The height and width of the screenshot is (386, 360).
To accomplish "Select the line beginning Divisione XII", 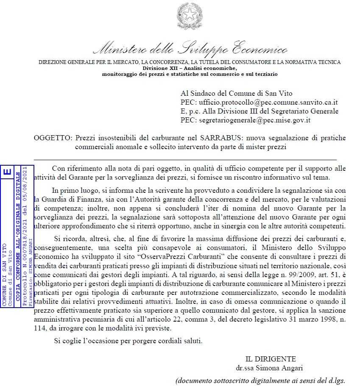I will click(x=190, y=68).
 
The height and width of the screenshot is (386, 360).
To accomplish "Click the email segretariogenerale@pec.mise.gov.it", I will click(x=254, y=120).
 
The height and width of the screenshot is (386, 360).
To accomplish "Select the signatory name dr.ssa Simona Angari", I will click(x=269, y=367).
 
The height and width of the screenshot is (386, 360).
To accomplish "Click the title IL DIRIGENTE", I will click(x=271, y=359).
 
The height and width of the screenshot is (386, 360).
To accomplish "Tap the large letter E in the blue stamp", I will click(x=7, y=172).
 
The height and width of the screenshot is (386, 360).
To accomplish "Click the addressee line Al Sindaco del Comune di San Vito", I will click(x=236, y=94).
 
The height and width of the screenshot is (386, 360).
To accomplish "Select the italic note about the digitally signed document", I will click(x=261, y=380).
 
